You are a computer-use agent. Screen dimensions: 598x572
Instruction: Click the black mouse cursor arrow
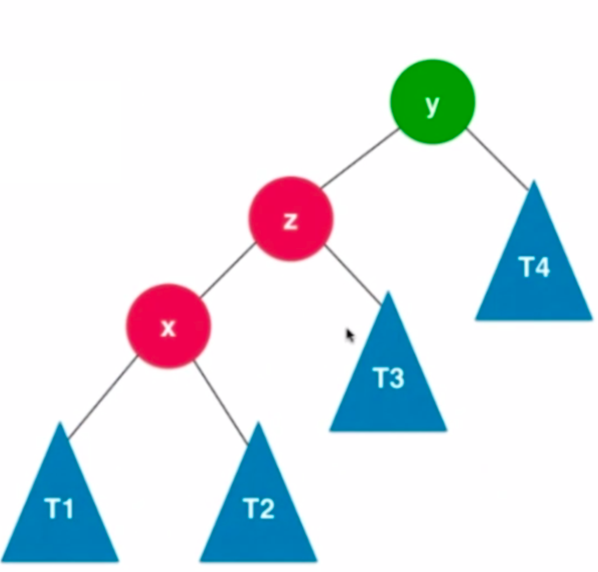pyautogui.click(x=349, y=335)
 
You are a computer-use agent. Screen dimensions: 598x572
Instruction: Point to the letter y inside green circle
pyautogui.click(x=432, y=105)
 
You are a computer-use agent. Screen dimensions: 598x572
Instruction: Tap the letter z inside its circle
pyautogui.click(x=291, y=221)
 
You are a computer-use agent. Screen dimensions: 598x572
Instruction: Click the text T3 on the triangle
pyautogui.click(x=389, y=378)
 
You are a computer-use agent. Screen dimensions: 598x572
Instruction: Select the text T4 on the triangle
pyautogui.click(x=534, y=267)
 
